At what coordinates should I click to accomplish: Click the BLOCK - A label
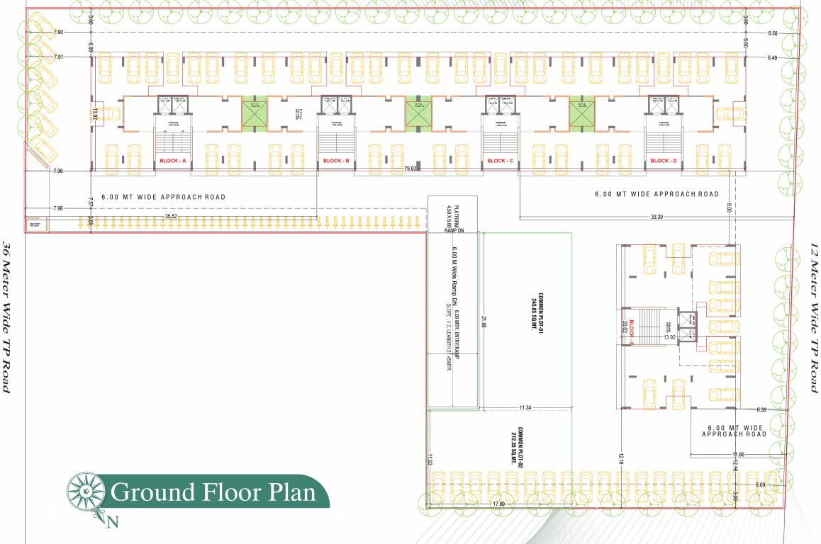(173, 161)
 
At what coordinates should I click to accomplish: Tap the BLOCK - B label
(336, 161)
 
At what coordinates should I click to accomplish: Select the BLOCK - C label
(500, 161)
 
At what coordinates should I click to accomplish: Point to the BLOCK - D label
(663, 161)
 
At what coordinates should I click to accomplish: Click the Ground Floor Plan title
(213, 491)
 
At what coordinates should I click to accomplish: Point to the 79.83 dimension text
(411, 169)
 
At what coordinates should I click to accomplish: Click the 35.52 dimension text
(171, 216)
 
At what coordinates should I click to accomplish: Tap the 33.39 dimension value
(656, 216)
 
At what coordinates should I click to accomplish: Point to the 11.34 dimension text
(525, 408)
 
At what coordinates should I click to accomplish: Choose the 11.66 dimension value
(737, 454)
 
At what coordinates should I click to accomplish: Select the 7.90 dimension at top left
(58, 33)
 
